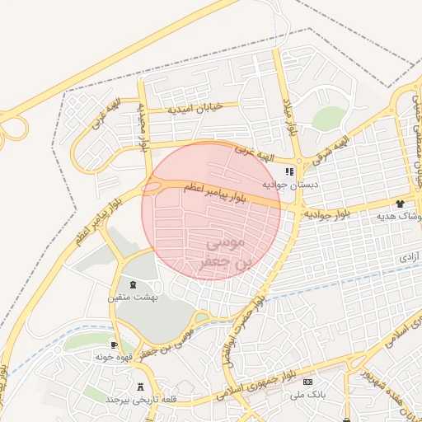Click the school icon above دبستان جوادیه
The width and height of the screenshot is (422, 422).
click(288, 172)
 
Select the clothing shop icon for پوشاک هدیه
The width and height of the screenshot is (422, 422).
click(400, 203)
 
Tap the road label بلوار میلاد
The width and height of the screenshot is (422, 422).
click(289, 113)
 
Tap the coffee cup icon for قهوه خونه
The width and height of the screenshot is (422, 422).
click(114, 345)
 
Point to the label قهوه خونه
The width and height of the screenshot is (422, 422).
click(114, 358)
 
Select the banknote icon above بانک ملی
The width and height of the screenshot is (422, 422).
click(308, 382)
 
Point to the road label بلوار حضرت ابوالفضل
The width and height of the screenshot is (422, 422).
click(246, 326)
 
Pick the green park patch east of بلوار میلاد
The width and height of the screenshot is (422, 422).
click(327, 119)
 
